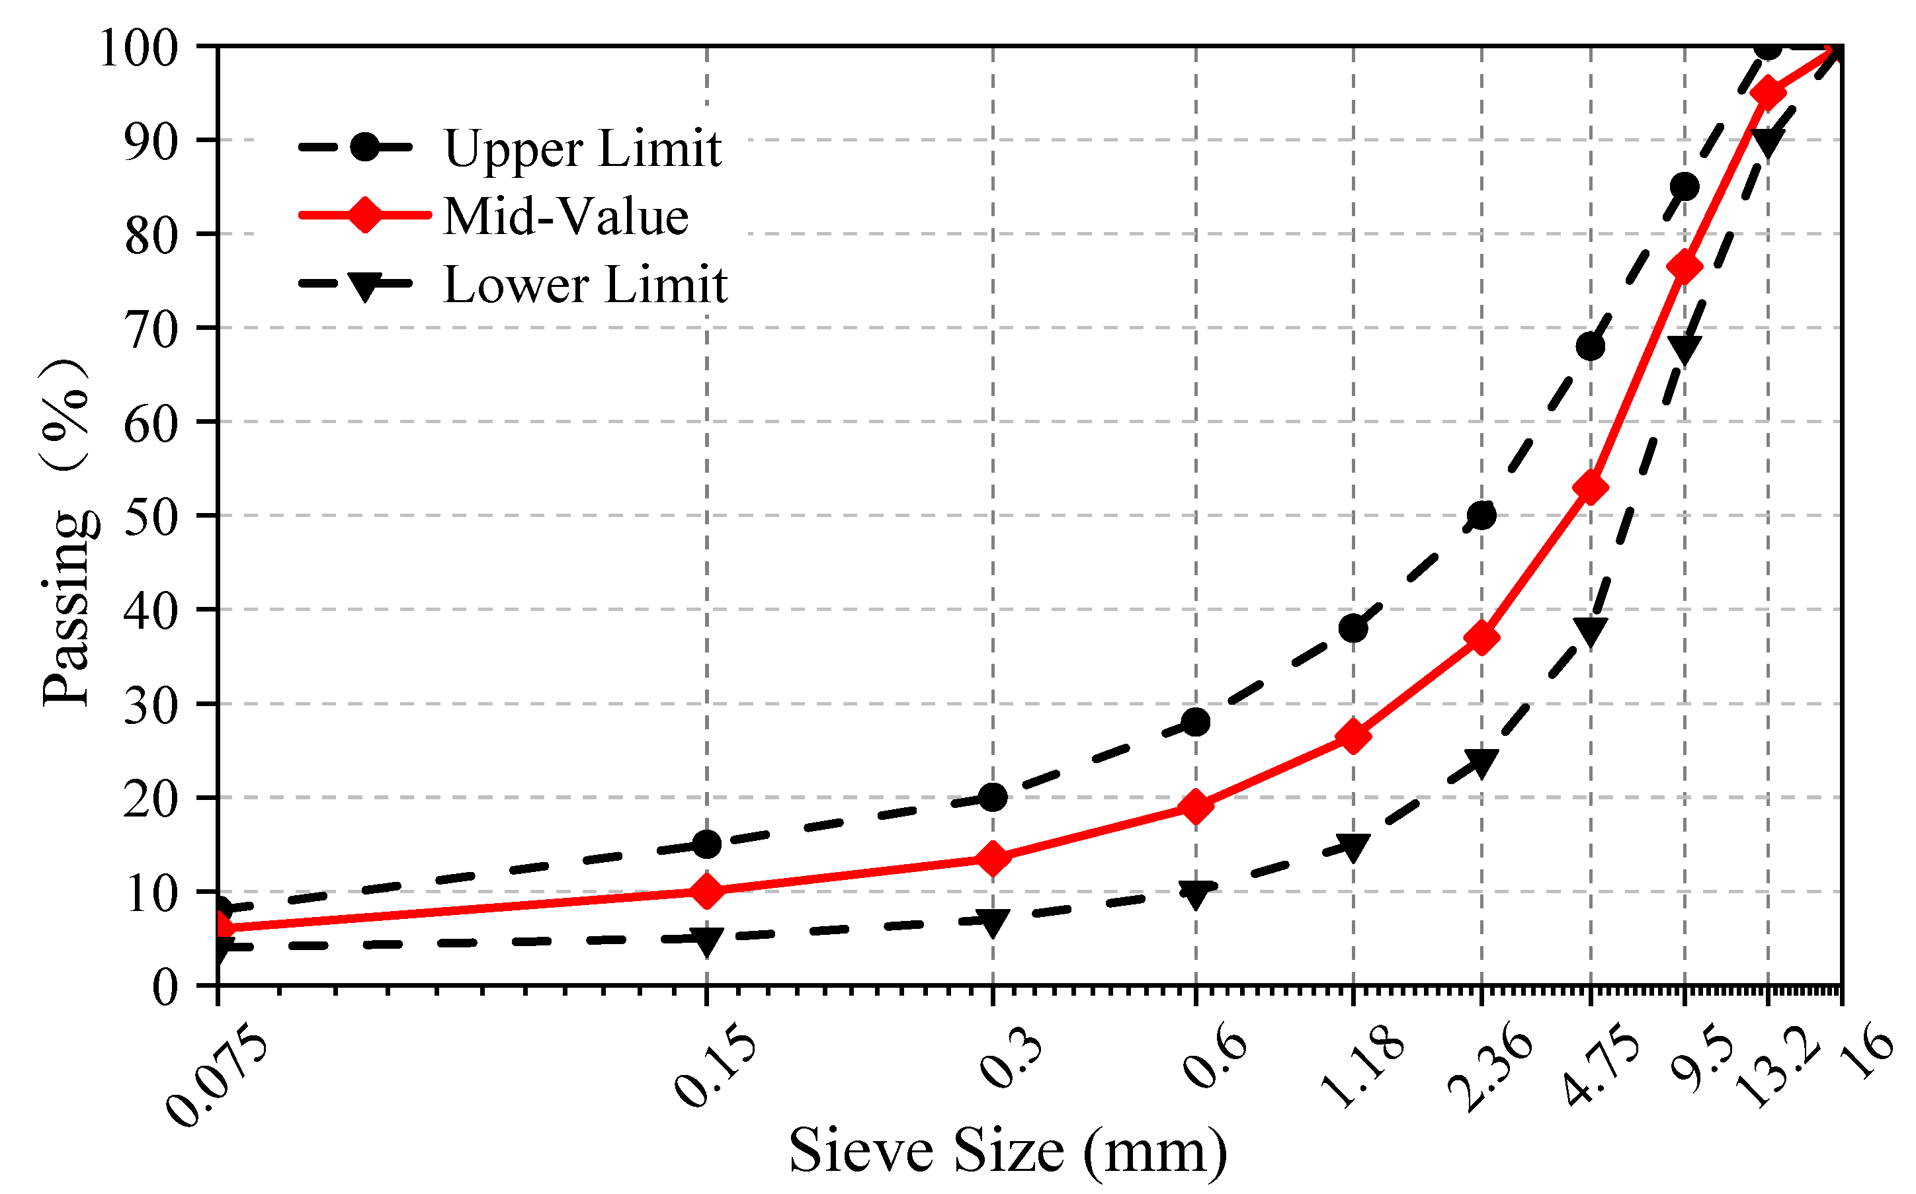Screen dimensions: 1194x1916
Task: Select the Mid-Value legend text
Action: click(x=565, y=216)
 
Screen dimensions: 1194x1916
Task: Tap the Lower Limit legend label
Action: click(x=585, y=284)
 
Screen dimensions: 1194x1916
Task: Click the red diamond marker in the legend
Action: click(x=366, y=215)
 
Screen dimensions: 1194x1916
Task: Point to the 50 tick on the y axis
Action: click(x=151, y=516)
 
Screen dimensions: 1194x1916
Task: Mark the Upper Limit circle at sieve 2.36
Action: click(x=1481, y=516)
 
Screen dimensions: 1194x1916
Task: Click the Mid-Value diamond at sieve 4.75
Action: click(x=1590, y=487)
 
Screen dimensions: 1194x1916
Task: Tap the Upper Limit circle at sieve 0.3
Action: click(x=992, y=797)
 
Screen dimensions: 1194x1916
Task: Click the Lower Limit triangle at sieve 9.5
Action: click(x=1684, y=348)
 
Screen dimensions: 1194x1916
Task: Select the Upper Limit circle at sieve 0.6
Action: click(x=1196, y=722)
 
